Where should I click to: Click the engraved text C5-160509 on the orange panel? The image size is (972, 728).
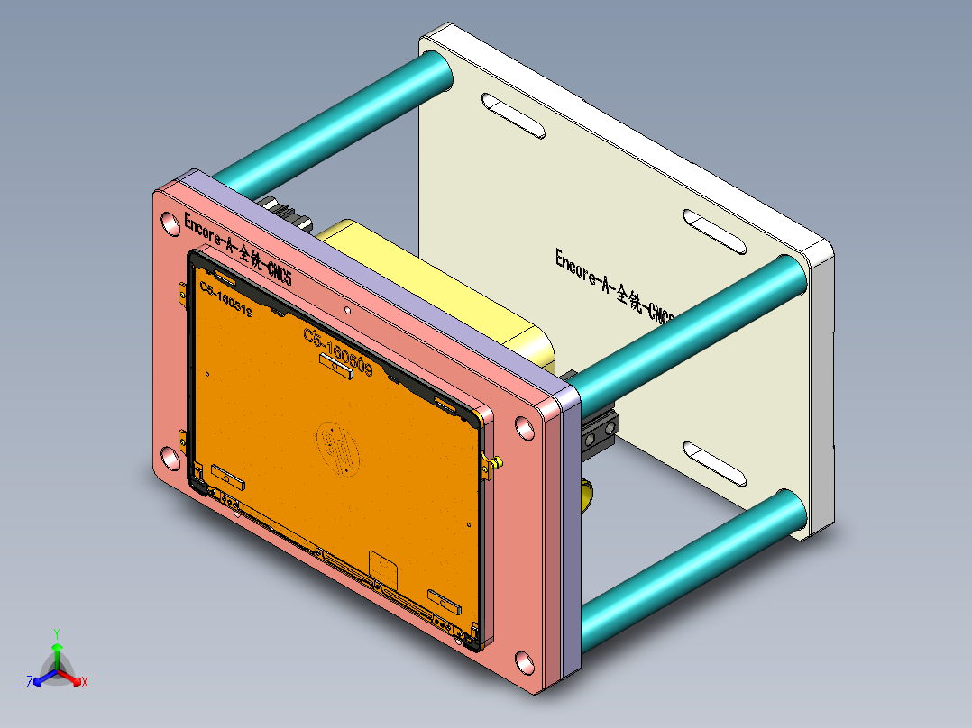[338, 351]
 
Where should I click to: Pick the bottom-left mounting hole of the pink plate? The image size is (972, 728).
[169, 458]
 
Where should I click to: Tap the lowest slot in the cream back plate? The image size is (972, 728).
[715, 463]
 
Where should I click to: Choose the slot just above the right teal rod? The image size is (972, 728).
[714, 232]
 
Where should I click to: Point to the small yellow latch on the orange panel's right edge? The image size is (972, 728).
[494, 463]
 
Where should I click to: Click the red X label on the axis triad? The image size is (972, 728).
[85, 683]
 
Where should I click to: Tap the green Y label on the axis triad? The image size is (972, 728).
[56, 633]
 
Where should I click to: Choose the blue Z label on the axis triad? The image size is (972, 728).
[30, 681]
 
